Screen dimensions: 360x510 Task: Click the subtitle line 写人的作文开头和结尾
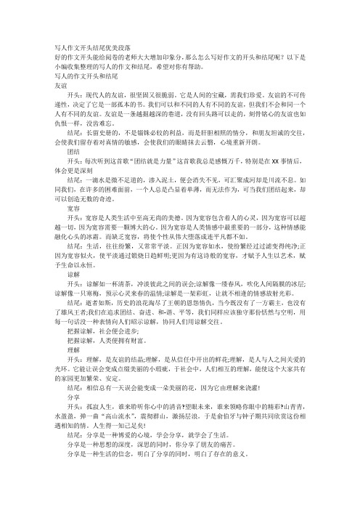(x=85, y=75)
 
